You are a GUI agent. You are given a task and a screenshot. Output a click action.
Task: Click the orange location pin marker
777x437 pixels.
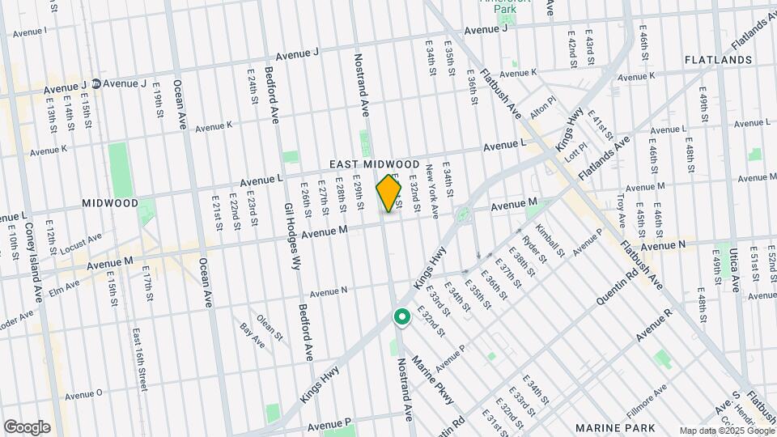(x=389, y=194)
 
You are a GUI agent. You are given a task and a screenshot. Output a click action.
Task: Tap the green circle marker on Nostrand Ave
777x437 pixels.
(x=401, y=317)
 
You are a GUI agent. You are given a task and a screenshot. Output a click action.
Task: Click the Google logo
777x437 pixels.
(x=27, y=427)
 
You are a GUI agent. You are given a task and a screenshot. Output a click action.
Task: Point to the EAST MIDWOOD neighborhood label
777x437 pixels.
(x=375, y=164)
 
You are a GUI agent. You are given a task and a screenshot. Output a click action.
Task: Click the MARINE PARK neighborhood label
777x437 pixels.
(x=609, y=426)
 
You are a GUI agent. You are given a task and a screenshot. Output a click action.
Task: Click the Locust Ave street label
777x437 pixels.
(x=80, y=242)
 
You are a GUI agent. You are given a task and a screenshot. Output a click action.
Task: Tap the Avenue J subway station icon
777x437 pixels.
(x=96, y=83)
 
